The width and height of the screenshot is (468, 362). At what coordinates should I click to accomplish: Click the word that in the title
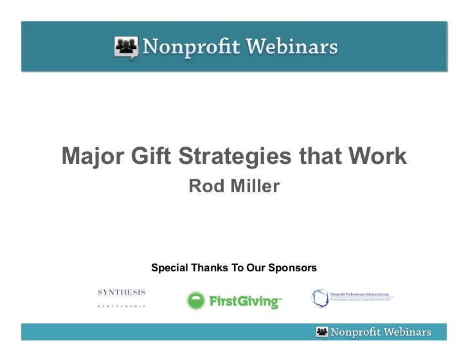[x=318, y=156]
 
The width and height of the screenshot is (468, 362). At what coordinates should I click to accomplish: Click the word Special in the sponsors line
[x=169, y=267]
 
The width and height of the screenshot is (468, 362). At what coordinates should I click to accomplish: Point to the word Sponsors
[x=293, y=267]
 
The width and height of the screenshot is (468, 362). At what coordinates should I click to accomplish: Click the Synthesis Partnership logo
[x=122, y=298]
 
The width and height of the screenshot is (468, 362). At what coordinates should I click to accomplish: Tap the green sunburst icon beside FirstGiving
[x=196, y=300]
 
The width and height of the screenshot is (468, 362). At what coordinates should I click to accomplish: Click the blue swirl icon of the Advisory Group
[x=320, y=298]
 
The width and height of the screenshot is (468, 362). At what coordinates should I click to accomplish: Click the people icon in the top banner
[x=127, y=47]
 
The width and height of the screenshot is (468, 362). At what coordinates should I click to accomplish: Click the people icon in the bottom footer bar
[x=322, y=332]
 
